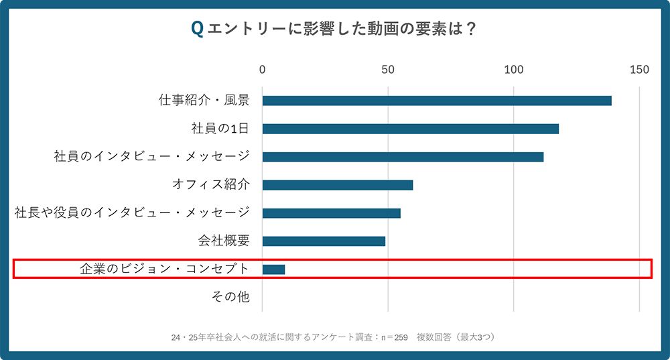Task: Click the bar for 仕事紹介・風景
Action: pos(436,101)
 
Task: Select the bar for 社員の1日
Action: pos(410,129)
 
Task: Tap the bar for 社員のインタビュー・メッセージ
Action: pos(403,157)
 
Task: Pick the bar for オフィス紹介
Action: pos(337,185)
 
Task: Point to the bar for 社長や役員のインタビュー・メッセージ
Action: pos(331,213)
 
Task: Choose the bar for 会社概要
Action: pos(324,241)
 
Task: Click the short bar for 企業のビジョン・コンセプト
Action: pos(273,269)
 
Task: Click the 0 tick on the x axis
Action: pos(263,69)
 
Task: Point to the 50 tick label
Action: pos(387,69)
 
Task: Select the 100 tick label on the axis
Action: pos(513,69)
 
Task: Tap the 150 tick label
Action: pos(639,69)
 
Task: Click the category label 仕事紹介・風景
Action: pos(204,101)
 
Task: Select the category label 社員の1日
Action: pos(220,129)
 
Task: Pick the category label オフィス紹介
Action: pos(211,185)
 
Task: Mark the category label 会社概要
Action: pos(223,241)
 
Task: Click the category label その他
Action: pos(230,297)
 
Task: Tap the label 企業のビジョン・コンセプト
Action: pos(164,269)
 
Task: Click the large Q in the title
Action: pos(197,29)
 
